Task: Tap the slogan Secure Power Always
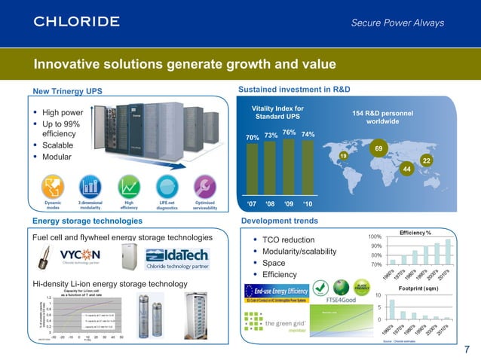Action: coord(397,23)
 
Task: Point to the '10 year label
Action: coord(307,204)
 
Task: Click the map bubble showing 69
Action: coord(380,149)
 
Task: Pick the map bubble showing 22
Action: coord(426,161)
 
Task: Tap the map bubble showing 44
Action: coord(407,170)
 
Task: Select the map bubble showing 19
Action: coord(343,155)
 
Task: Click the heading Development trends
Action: coord(276,221)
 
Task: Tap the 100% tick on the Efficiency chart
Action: coord(375,236)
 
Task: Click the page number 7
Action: coord(467,348)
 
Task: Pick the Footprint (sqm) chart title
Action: coord(420,288)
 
